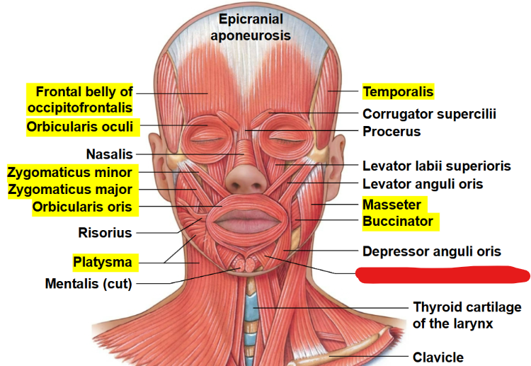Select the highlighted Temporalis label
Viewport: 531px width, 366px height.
(x=398, y=91)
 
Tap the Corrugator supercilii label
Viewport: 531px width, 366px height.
(x=429, y=114)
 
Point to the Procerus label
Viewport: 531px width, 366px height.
(x=392, y=131)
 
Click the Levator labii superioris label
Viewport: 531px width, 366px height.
(x=436, y=166)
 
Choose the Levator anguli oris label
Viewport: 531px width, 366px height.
(x=433, y=184)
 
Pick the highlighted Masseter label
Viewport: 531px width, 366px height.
(x=392, y=205)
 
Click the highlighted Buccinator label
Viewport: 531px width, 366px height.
(x=398, y=221)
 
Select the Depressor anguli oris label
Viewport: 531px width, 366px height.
(x=432, y=251)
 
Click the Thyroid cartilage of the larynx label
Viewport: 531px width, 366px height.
(x=467, y=315)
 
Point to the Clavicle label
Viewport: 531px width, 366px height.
(x=439, y=358)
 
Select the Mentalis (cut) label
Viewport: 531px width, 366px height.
(x=88, y=284)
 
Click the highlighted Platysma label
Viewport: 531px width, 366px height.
(x=103, y=263)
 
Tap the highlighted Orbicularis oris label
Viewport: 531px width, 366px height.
(x=82, y=207)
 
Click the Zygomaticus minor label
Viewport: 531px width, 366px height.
(x=69, y=172)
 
